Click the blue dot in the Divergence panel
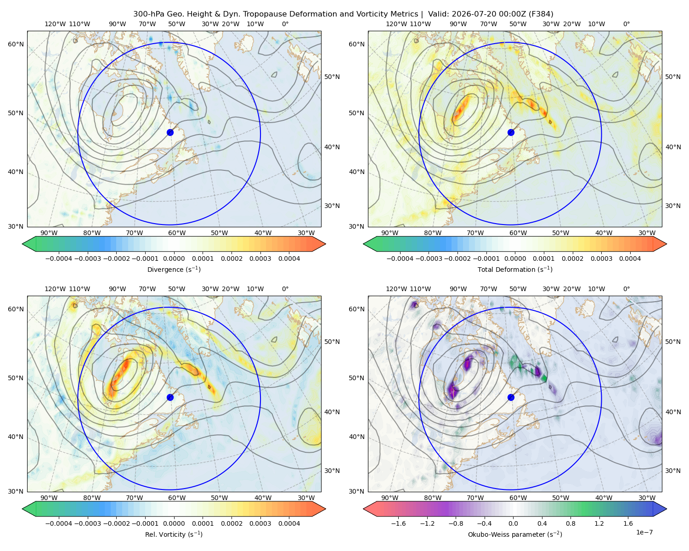[170, 132]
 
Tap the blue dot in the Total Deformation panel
[511, 132]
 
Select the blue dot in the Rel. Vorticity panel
[170, 397]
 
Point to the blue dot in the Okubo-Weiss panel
[511, 397]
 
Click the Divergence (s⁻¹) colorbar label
[174, 269]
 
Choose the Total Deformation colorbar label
[515, 269]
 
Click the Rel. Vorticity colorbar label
[174, 534]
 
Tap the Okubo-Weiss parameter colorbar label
[515, 534]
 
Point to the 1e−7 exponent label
[644, 532]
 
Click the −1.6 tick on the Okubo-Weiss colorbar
[398, 523]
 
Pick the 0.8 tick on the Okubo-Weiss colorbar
[570, 523]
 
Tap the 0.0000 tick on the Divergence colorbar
[174, 259]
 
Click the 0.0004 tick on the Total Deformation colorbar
[630, 259]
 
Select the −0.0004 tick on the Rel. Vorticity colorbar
[59, 523]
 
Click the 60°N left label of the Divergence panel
[16, 44]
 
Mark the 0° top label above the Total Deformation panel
[626, 24]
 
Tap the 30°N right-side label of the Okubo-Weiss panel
[673, 471]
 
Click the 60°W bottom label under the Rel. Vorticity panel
[177, 498]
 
